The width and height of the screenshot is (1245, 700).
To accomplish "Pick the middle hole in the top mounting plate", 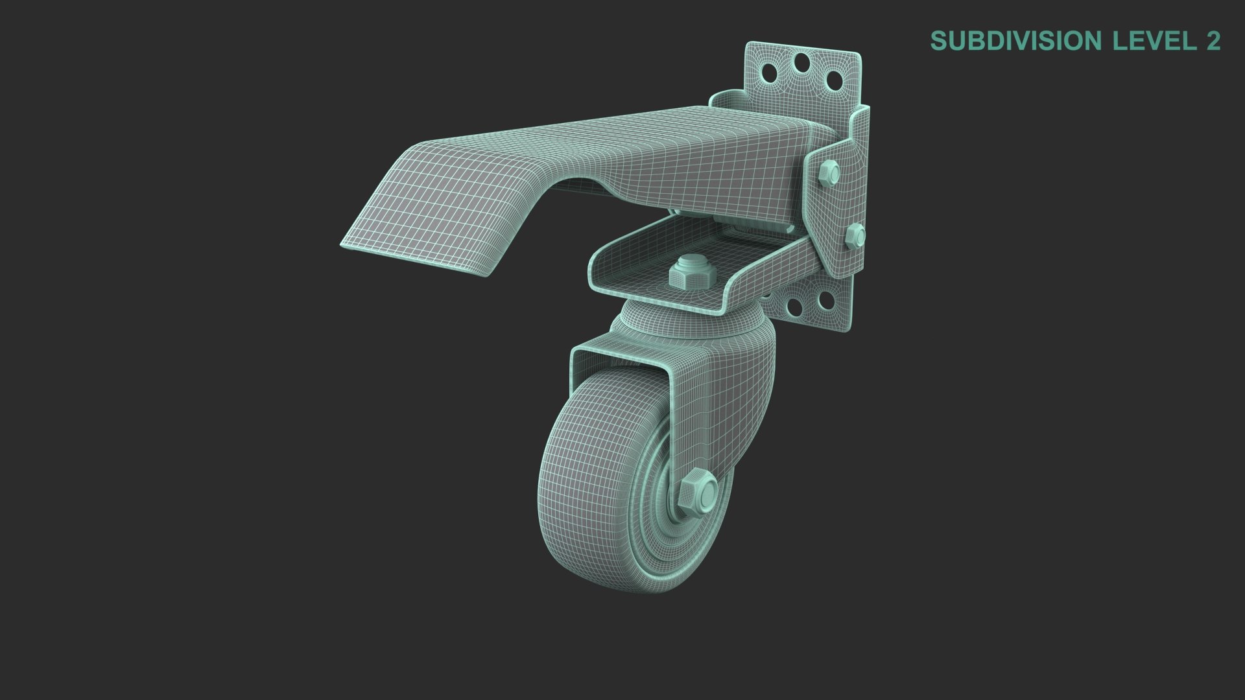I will (x=802, y=64).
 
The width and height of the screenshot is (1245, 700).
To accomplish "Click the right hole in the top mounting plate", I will (x=834, y=82).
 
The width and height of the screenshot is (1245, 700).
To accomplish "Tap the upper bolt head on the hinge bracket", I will (x=828, y=172).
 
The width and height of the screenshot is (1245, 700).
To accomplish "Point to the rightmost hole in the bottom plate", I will (x=825, y=301).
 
